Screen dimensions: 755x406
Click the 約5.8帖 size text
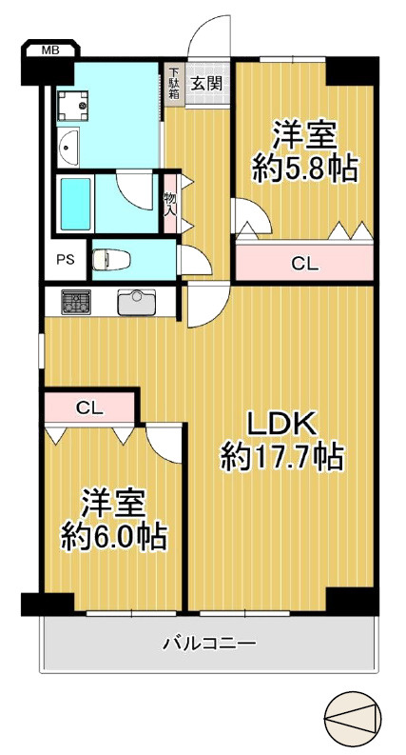point(304,169)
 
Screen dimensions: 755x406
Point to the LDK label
point(281,423)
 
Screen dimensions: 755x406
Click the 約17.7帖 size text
point(281,458)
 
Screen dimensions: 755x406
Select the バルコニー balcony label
point(208,645)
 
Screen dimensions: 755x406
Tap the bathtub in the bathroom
point(74,202)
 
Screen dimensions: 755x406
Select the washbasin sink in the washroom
point(68,148)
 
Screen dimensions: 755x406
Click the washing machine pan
point(73,107)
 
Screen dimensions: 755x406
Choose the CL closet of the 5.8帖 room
point(304,264)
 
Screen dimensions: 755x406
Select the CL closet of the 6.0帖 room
point(89,407)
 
